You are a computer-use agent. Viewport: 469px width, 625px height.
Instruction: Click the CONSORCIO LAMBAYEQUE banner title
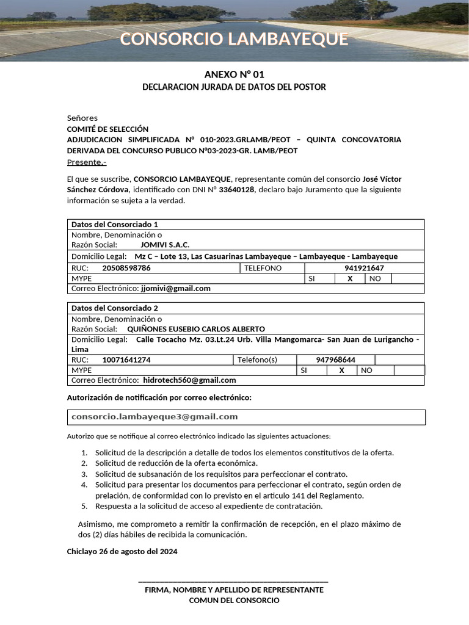pyautogui.click(x=234, y=39)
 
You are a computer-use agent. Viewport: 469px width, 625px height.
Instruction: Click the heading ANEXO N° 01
pyautogui.click(x=234, y=74)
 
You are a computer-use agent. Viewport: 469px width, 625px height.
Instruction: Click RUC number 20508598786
pyautogui.click(x=126, y=268)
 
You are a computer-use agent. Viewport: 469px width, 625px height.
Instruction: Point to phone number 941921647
pyautogui.click(x=364, y=268)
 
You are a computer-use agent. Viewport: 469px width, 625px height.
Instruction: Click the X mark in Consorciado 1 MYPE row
pyautogui.click(x=350, y=278)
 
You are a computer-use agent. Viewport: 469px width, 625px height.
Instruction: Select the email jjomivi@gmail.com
pyautogui.click(x=175, y=289)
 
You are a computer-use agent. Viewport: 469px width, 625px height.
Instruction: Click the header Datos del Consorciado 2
pyautogui.click(x=115, y=308)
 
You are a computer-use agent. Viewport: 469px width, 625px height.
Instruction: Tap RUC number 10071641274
pyautogui.click(x=126, y=360)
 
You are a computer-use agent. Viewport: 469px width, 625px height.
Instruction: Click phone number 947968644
pyautogui.click(x=335, y=360)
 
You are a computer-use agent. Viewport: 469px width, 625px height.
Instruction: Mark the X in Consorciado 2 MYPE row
pyautogui.click(x=342, y=370)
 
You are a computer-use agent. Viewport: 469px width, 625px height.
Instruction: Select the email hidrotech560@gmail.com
pyautogui.click(x=189, y=380)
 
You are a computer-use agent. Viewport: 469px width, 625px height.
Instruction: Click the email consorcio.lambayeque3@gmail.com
pyautogui.click(x=155, y=417)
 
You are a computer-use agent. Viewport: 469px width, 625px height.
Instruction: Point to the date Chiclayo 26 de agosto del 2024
pyautogui.click(x=122, y=552)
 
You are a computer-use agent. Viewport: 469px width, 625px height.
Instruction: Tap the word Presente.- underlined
pyautogui.click(x=86, y=162)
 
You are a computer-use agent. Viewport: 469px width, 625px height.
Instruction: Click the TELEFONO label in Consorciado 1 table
pyautogui.click(x=263, y=268)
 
